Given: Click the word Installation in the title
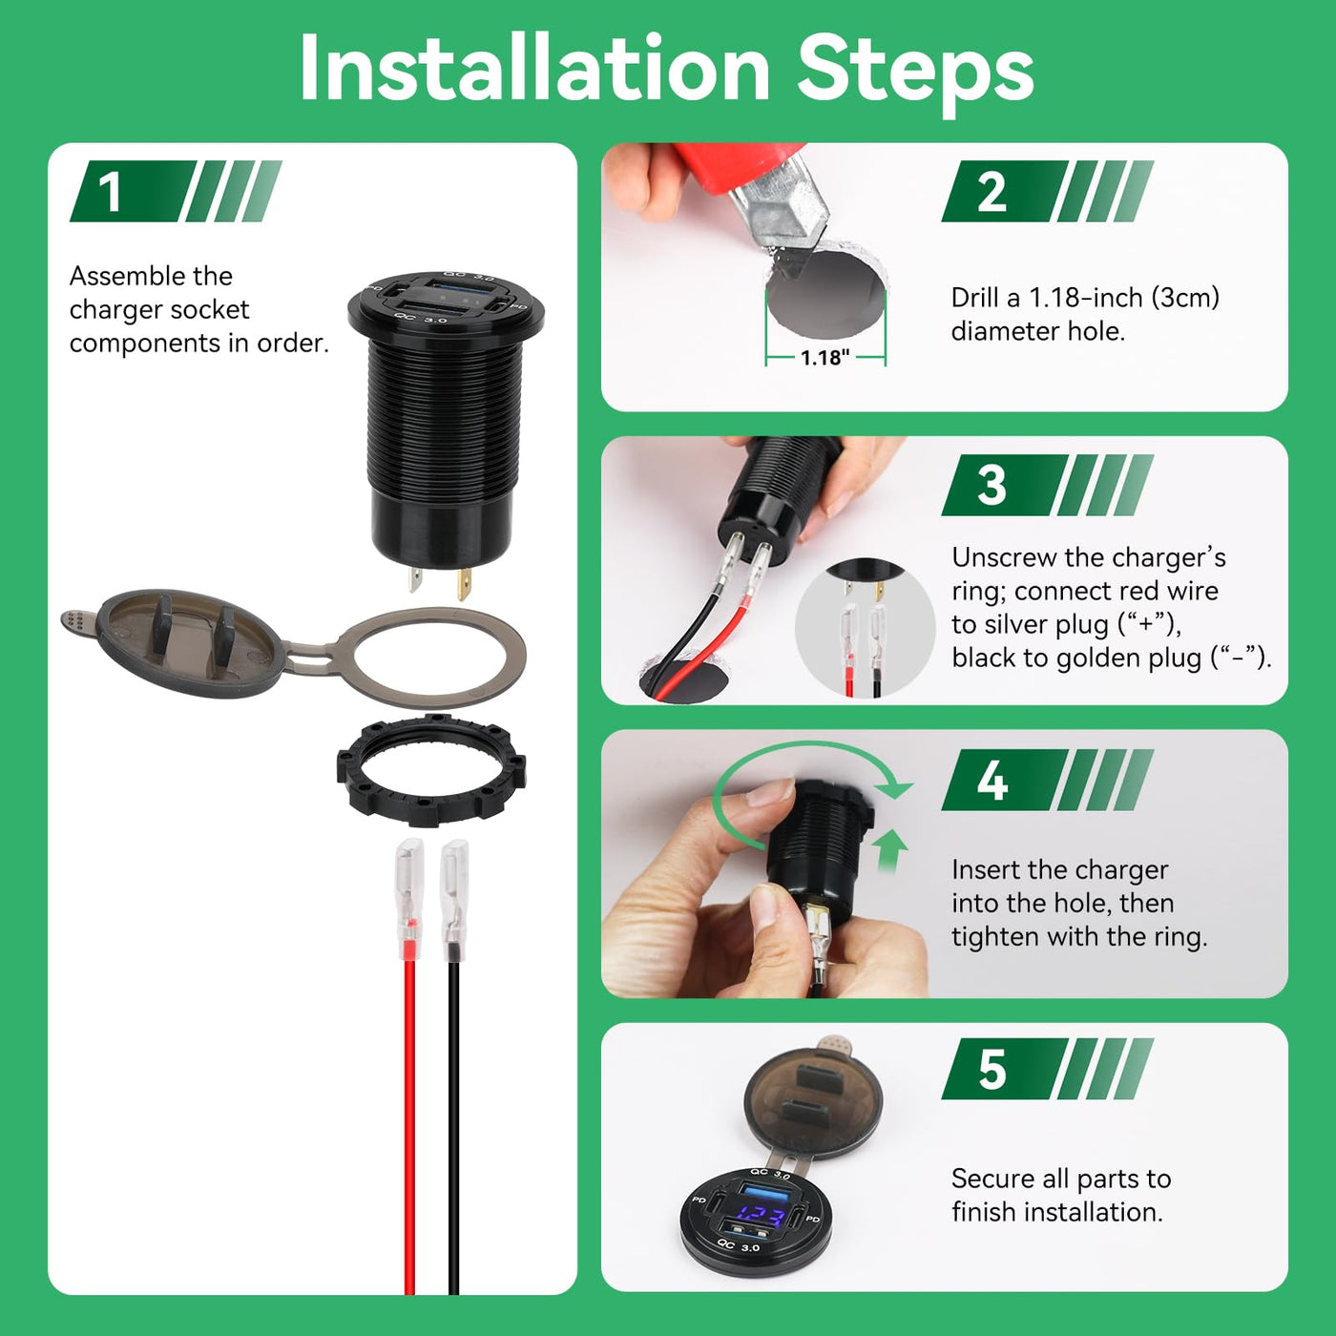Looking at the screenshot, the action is click(534, 70).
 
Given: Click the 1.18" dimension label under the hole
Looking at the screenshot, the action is click(825, 358).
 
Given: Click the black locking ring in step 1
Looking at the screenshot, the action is click(431, 770).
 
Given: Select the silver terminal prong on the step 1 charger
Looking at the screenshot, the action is click(415, 578).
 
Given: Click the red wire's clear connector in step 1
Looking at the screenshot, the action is click(409, 899).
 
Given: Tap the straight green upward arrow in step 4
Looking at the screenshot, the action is click(889, 850).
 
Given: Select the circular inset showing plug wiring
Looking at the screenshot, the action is click(865, 628).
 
